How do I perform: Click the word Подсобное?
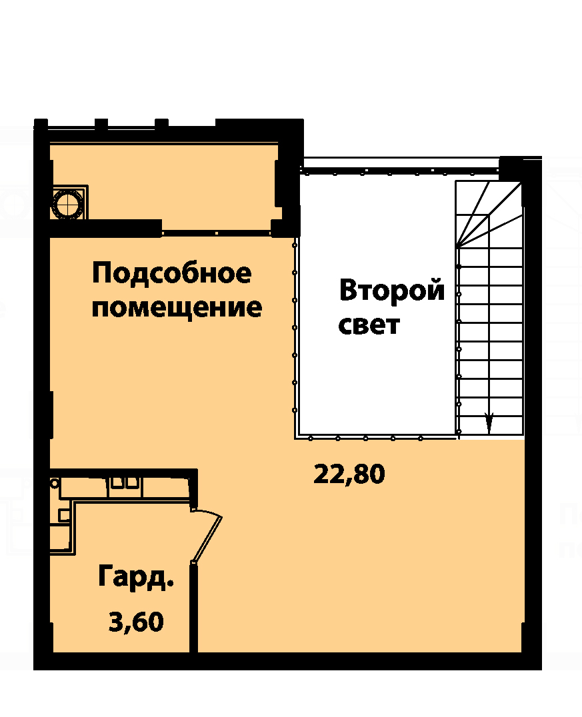coord(171,274)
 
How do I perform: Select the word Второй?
coord(392,291)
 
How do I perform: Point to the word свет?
coord(369,325)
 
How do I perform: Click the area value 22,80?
coord(349,474)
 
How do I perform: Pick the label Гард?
coord(136,578)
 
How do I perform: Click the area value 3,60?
coord(136,622)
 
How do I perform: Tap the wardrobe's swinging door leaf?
coord(207,536)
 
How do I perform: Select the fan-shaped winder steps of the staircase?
coord(489,213)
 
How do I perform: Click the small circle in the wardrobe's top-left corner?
coord(55,483)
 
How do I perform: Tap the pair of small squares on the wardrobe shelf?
coord(125,482)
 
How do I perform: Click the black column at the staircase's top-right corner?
coord(511,169)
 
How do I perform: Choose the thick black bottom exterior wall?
coord(288,661)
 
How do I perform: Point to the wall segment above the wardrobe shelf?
coord(123,473)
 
